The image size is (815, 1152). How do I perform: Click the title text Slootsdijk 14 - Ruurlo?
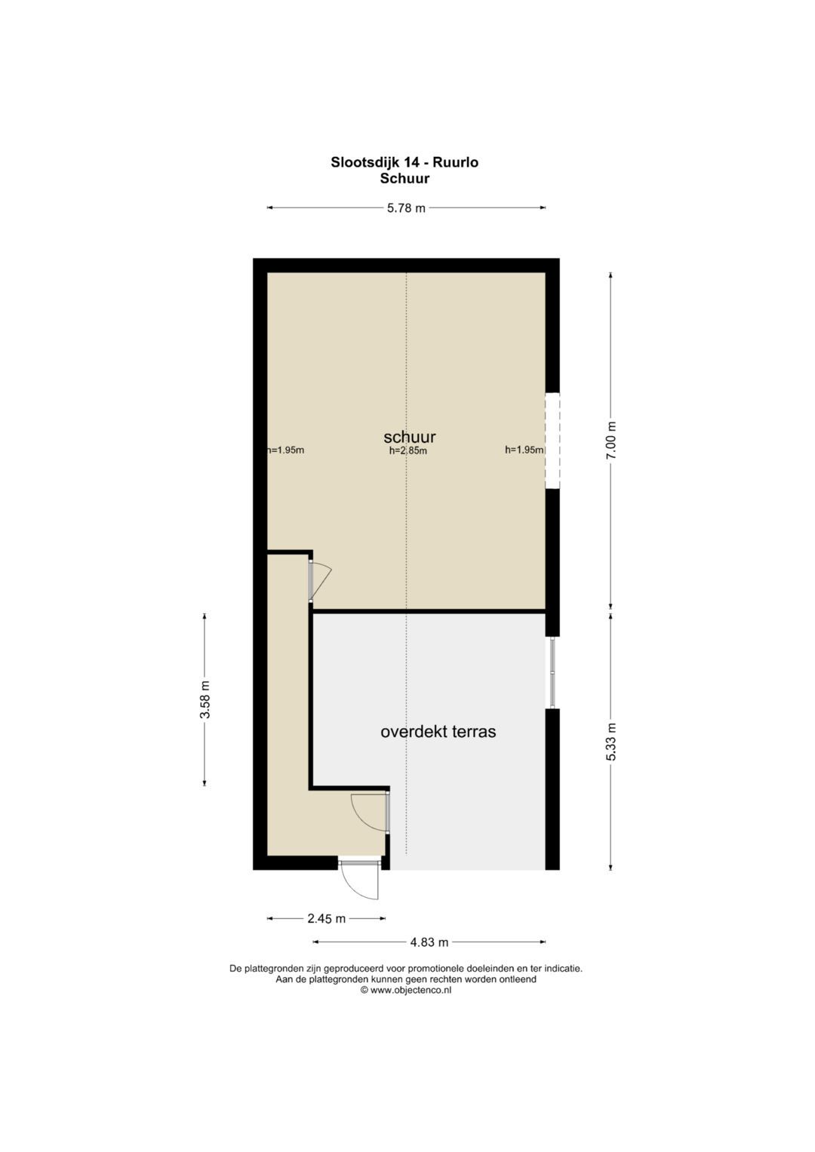pyautogui.click(x=404, y=162)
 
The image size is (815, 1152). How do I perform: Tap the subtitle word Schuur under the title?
pyautogui.click(x=404, y=179)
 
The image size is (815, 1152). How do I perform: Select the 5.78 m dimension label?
pyautogui.click(x=406, y=208)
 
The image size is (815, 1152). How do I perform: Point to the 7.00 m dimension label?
pyautogui.click(x=610, y=441)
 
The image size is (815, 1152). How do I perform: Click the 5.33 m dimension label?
pyautogui.click(x=610, y=742)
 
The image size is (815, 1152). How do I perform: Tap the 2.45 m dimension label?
pyautogui.click(x=326, y=919)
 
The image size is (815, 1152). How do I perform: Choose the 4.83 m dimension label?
pyautogui.click(x=429, y=942)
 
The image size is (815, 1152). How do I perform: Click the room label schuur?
pyautogui.click(x=410, y=437)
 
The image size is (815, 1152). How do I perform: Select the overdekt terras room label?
pyautogui.click(x=438, y=732)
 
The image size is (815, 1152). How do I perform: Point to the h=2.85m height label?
pyautogui.click(x=408, y=451)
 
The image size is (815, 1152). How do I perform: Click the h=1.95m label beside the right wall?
pyautogui.click(x=524, y=450)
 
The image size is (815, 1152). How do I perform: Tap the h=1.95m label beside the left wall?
pyautogui.click(x=285, y=450)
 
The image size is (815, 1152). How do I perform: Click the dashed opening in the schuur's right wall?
pyautogui.click(x=552, y=441)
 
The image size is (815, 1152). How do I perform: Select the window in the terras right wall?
pyautogui.click(x=552, y=673)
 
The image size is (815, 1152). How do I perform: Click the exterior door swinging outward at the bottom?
pyautogui.click(x=359, y=877)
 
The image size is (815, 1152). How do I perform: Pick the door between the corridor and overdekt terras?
pyautogui.click(x=371, y=812)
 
